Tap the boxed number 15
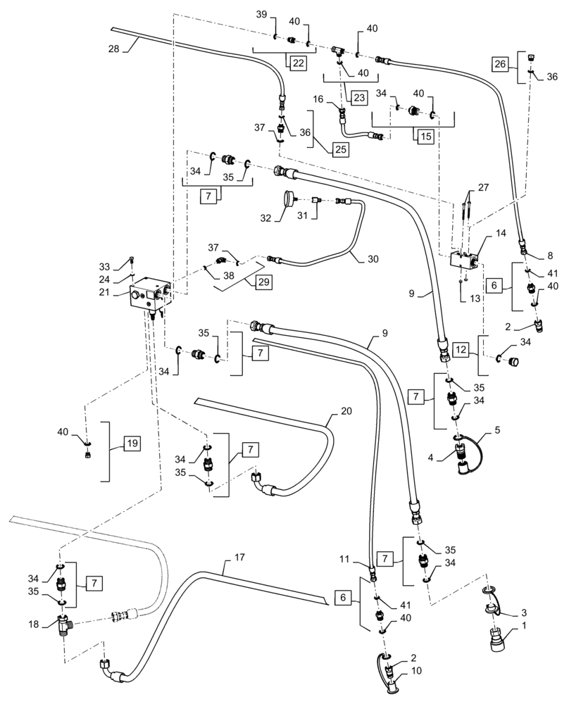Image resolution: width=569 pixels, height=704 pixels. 425,137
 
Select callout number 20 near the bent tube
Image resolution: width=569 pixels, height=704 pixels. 345,411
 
